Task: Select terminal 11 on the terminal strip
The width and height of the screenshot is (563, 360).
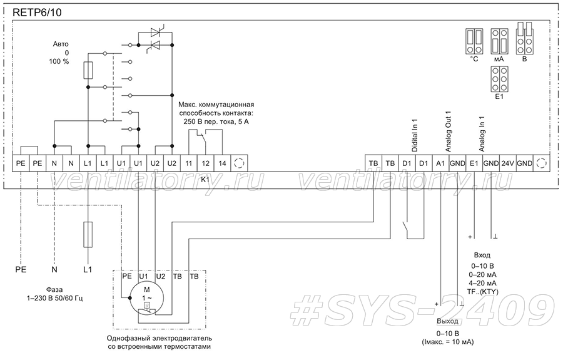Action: pyautogui.click(x=188, y=163)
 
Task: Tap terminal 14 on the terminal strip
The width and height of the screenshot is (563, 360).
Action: pyautogui.click(x=222, y=163)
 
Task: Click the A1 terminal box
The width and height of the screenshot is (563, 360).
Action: pyautogui.click(x=440, y=163)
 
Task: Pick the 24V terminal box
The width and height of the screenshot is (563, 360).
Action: pyautogui.click(x=507, y=163)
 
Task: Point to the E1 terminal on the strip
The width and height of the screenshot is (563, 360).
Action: pyautogui.click(x=474, y=163)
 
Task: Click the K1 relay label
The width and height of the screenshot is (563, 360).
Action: pyautogui.click(x=205, y=179)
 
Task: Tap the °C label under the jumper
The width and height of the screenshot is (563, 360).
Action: pyautogui.click(x=474, y=59)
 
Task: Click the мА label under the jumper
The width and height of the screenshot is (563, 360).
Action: pyautogui.click(x=499, y=59)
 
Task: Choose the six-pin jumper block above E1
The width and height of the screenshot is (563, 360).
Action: pyautogui.click(x=499, y=79)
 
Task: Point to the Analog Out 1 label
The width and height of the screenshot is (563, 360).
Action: pyautogui.click(x=448, y=131)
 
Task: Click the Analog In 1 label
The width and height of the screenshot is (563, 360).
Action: pyautogui.click(x=482, y=133)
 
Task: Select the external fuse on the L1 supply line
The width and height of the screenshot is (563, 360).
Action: pyautogui.click(x=88, y=235)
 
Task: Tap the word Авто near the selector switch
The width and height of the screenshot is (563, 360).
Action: pyautogui.click(x=61, y=44)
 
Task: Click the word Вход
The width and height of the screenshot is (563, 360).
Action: pyautogui.click(x=482, y=255)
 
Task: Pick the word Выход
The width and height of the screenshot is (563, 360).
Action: pyautogui.click(x=447, y=321)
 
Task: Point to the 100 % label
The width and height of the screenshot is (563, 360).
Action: pyautogui.click(x=59, y=61)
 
